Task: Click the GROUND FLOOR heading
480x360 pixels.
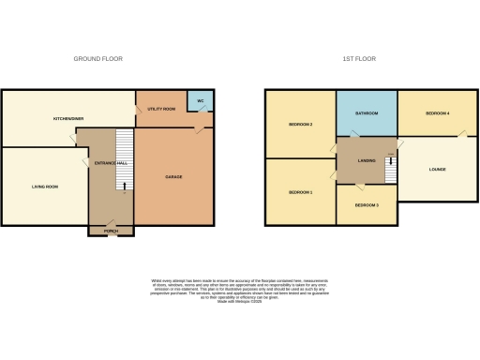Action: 98,59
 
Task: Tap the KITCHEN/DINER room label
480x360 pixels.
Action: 68,119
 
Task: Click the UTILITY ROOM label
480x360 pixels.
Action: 161,110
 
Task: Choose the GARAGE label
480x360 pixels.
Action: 174,177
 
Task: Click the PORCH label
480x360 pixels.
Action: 111,229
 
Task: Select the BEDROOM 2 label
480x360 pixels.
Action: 299,125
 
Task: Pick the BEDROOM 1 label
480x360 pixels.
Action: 299,192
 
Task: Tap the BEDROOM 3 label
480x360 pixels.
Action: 367,204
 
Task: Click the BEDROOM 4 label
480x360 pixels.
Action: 437,113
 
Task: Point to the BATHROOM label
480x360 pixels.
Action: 366,113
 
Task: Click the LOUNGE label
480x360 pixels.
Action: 437,170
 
